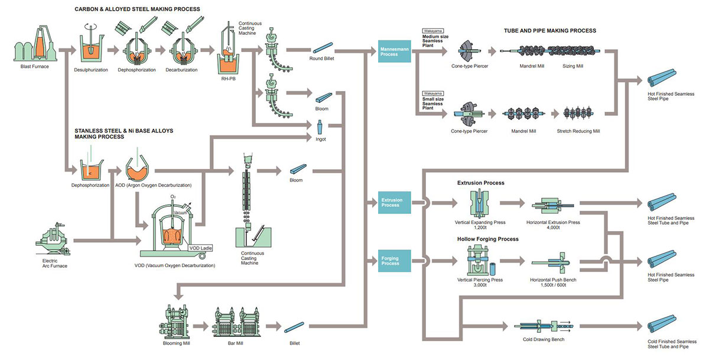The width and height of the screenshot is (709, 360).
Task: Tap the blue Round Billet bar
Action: click(x=323, y=47)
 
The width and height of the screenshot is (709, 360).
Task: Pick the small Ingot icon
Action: click(x=320, y=126)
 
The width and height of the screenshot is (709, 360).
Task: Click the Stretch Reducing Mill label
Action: click(x=578, y=131)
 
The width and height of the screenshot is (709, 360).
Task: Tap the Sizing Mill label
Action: click(x=573, y=66)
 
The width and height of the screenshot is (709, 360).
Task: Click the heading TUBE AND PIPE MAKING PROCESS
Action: click(x=549, y=30)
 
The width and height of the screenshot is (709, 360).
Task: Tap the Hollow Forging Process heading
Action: click(x=487, y=239)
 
